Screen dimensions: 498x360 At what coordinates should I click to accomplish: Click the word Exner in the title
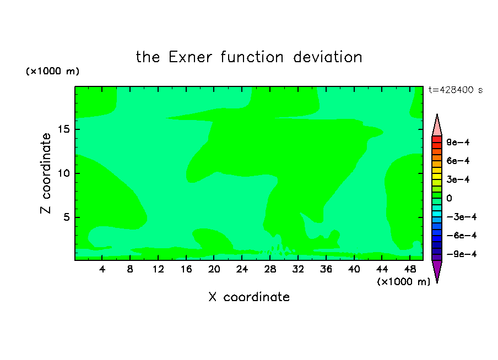pos(190,57)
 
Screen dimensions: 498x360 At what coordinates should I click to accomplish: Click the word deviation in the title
pos(327,57)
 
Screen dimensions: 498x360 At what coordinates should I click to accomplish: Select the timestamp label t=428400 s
pos(456,90)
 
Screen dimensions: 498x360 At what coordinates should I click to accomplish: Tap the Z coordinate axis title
pos(45,173)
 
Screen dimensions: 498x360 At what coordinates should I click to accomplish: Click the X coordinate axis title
pos(249,297)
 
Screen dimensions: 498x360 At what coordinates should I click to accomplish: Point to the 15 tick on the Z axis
pos(64,129)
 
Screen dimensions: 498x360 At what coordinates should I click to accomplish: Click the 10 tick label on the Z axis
pos(64,173)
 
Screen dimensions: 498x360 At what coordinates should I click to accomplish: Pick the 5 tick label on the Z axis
pos(67,217)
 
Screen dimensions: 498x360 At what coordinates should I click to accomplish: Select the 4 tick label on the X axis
pos(102,269)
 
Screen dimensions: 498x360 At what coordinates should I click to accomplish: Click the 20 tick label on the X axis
pos(214,269)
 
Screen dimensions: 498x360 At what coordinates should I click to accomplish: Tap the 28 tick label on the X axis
pos(270,269)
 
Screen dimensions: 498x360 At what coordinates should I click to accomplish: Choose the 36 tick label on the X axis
pos(326,269)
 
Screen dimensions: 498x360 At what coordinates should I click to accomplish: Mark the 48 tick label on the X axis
pos(410,269)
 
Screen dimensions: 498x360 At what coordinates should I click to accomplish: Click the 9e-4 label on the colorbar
pos(458,142)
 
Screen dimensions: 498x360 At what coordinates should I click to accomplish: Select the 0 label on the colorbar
pos(449,198)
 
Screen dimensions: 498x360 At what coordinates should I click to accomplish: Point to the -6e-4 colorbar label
pos(462,236)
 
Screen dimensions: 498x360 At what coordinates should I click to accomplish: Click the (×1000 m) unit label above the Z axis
pos(52,71)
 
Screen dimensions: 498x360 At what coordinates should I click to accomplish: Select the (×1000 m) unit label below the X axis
pos(403,282)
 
